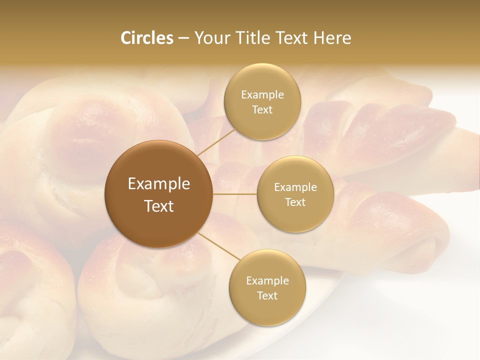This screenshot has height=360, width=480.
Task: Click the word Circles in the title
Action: point(146,38)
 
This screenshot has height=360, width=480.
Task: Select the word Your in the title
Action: point(210,38)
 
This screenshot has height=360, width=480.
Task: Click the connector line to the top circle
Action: point(216,141)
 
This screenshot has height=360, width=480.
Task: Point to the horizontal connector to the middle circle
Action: point(235,193)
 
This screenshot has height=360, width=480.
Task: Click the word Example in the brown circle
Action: point(159,184)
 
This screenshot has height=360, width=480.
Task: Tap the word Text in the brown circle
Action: point(159,206)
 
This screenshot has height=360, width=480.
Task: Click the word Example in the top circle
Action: point(262,95)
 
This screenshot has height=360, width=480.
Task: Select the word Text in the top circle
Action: point(262,110)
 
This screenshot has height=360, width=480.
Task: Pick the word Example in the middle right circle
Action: point(295,187)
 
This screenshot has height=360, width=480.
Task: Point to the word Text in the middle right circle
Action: point(295,202)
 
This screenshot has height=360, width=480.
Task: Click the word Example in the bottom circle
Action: point(267,281)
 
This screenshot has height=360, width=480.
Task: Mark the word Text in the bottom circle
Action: point(267,296)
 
